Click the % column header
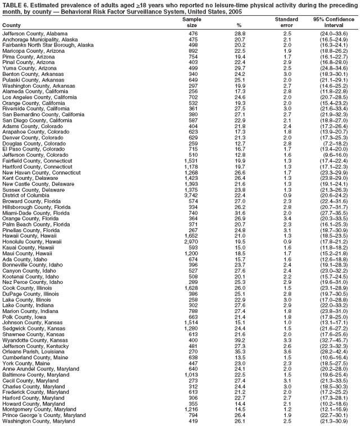point(240,25)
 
